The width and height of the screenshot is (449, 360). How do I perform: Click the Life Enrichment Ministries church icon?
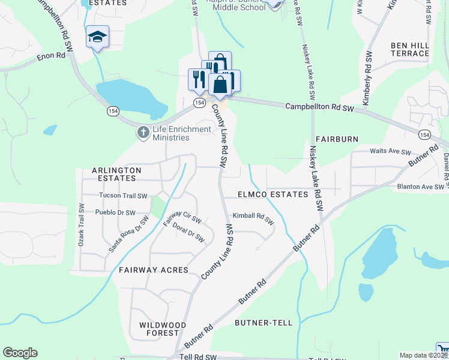click(143, 132)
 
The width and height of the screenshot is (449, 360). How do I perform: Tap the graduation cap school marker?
click(97, 37)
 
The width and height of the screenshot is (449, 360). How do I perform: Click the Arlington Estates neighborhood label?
click(116, 174)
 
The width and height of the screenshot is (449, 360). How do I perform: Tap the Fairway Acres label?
click(153, 271)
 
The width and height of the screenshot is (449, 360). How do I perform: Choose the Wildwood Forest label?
click(159, 328)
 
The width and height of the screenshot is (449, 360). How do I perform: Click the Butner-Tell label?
click(264, 323)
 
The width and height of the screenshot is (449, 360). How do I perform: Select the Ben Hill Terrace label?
click(410, 49)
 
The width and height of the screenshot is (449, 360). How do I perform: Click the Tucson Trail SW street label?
click(123, 196)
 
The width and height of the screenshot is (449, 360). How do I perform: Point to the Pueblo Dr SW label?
click(115, 212)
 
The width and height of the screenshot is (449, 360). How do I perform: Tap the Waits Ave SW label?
click(390, 152)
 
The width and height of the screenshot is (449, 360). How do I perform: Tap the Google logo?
click(20, 353)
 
